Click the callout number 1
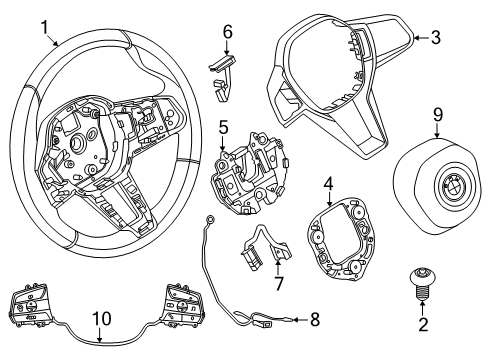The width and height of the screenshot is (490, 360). point(45,27)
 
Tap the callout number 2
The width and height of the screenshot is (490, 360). point(423,324)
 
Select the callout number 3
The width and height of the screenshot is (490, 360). point(436,37)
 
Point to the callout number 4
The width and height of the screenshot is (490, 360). point(329,184)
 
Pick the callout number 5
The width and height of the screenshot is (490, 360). point(223,129)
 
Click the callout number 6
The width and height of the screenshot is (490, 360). point(228,32)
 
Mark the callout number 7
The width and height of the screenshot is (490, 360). point(278,283)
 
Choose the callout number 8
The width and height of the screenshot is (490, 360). point(315,320)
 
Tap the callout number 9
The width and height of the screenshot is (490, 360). point(438,115)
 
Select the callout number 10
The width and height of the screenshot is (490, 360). point(102,319)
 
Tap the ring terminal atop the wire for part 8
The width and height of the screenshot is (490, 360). point(210,220)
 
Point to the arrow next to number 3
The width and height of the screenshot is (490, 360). point(421,38)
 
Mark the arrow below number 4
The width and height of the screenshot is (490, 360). point(330,199)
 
